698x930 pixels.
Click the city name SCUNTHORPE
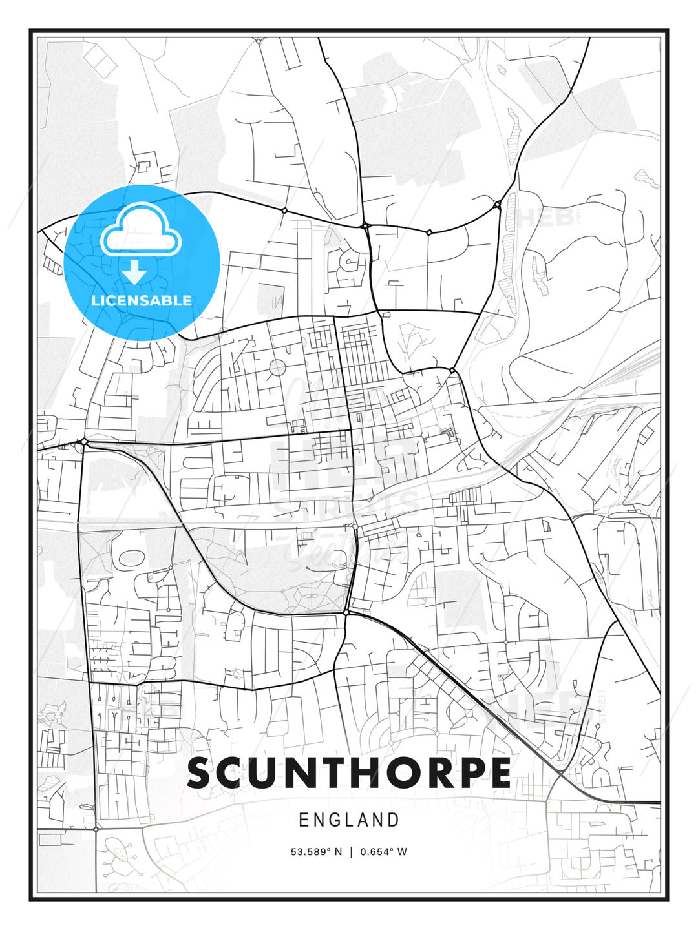point(349,773)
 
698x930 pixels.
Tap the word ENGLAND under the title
point(349,820)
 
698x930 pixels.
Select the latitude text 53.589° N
point(316,852)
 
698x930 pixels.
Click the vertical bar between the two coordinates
point(350,852)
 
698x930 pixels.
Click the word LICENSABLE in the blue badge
point(142,300)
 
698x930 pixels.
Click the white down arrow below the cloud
point(134,272)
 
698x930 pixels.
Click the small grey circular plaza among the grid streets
point(277,367)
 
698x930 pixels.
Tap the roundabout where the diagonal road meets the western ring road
point(85,442)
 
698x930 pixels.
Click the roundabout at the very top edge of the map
point(258,41)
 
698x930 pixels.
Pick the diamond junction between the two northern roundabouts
point(428,232)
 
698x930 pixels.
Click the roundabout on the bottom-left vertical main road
point(96,828)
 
